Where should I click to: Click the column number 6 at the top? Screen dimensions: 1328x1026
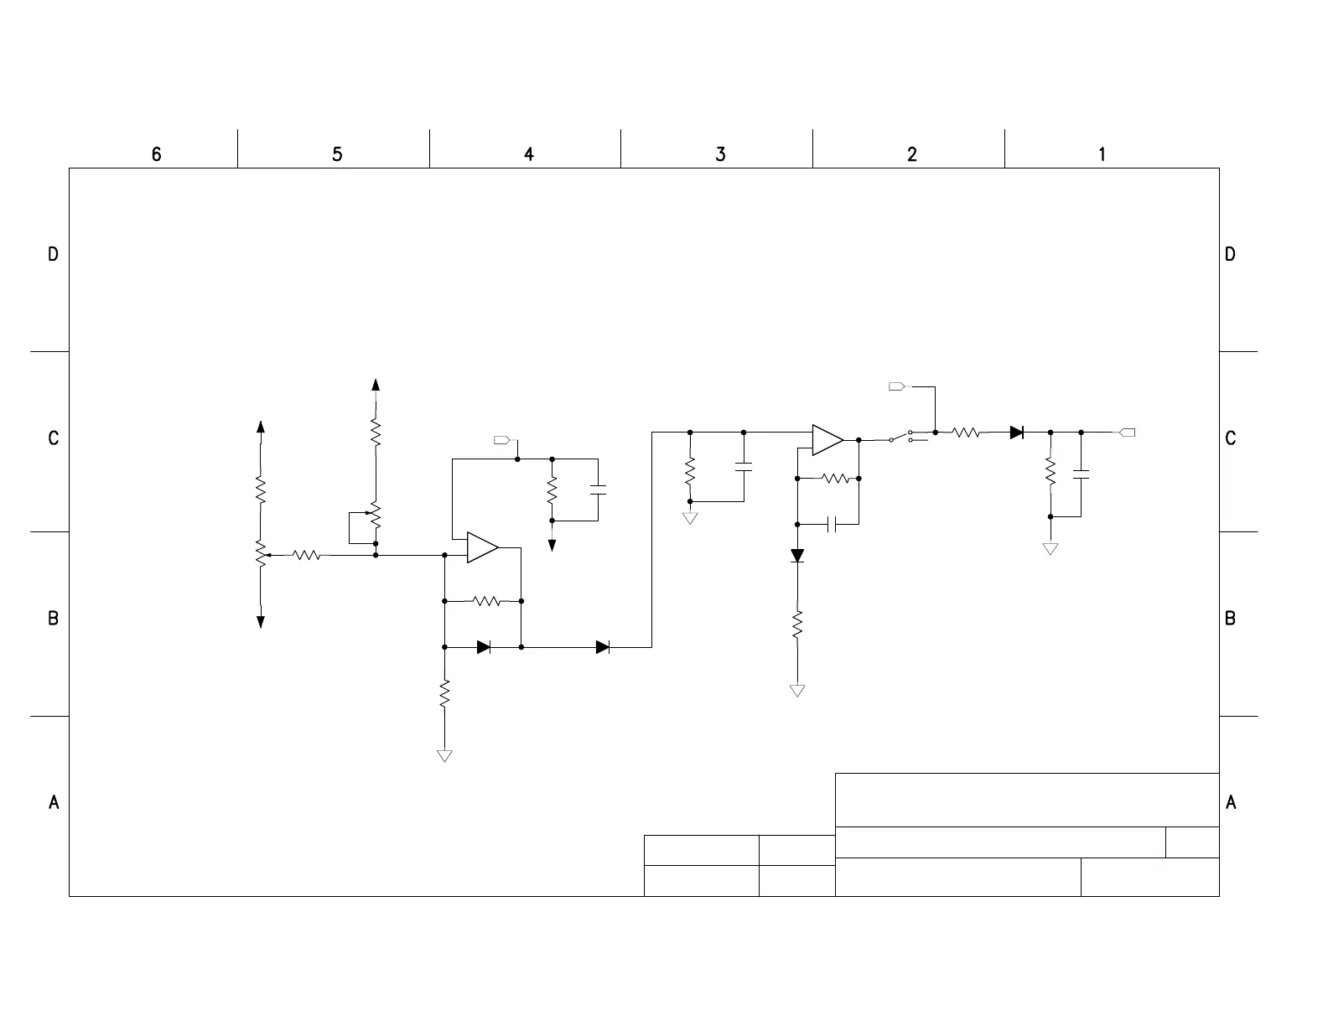point(156,154)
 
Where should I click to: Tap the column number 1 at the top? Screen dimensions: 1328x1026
point(1102,154)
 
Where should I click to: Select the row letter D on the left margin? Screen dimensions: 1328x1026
point(53,254)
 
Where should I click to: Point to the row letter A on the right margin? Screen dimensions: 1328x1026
point(1231,802)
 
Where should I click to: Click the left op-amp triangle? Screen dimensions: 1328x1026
point(482,547)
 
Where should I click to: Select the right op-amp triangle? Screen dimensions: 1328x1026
point(827,440)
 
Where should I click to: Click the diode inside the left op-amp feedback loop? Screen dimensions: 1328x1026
point(484,647)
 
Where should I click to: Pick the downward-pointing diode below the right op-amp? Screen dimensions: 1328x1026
point(797,556)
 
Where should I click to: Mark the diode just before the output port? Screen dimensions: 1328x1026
point(1017,433)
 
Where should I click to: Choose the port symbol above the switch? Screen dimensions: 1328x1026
point(896,386)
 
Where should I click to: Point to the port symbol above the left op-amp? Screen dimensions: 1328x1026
point(502,440)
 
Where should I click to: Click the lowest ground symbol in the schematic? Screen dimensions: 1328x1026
point(445,756)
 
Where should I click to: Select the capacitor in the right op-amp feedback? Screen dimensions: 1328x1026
point(832,525)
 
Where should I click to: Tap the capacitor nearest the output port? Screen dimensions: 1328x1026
point(1081,475)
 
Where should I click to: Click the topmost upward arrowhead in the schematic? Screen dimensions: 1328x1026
point(376,385)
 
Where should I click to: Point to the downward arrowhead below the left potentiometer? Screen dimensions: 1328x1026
point(261,621)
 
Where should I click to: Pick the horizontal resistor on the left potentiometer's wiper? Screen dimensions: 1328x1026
point(307,555)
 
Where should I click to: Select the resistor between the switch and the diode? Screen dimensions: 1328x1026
point(966,433)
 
